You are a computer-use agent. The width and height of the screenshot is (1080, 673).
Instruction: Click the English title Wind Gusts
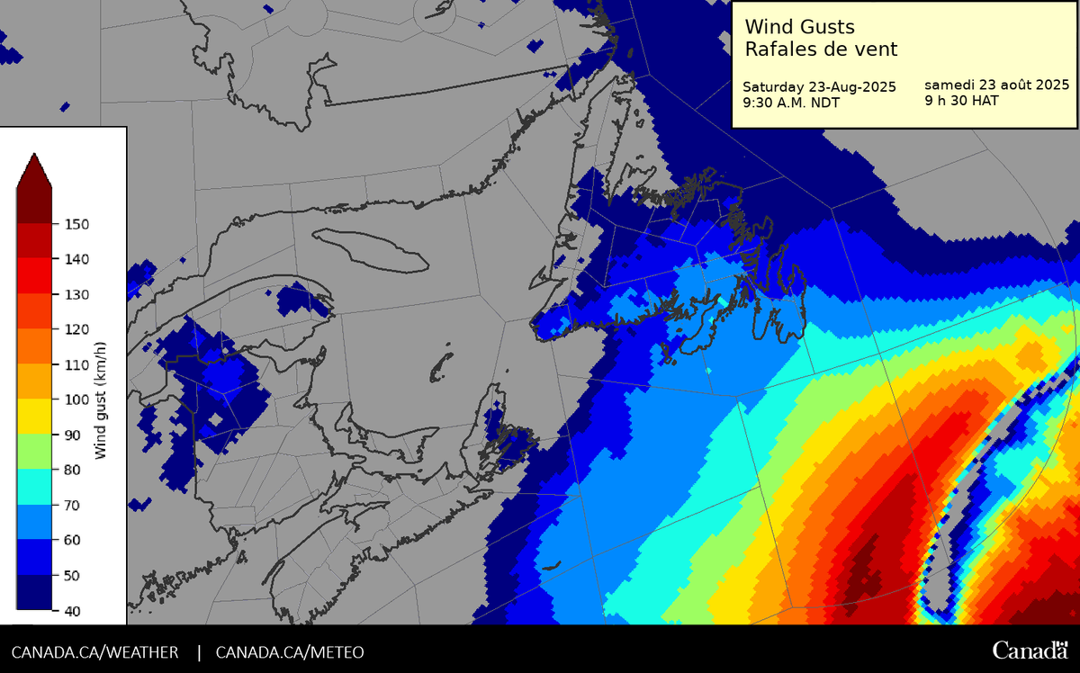click(x=800, y=28)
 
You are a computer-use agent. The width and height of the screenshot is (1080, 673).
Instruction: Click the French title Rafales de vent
click(x=821, y=49)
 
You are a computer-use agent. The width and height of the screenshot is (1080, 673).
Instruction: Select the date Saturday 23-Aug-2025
click(x=818, y=87)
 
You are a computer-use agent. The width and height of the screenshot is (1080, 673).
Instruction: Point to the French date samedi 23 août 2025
click(x=996, y=85)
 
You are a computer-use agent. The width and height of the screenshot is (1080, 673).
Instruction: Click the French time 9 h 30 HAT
click(x=961, y=101)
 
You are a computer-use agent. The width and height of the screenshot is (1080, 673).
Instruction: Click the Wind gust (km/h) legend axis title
click(x=101, y=399)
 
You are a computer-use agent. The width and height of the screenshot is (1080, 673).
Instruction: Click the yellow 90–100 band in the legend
click(x=34, y=417)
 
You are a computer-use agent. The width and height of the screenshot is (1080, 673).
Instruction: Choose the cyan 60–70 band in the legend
click(x=34, y=523)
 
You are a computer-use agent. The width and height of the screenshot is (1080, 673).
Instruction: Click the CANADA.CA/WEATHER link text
click(x=94, y=651)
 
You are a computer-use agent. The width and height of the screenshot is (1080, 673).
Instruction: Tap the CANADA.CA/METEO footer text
click(x=290, y=651)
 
